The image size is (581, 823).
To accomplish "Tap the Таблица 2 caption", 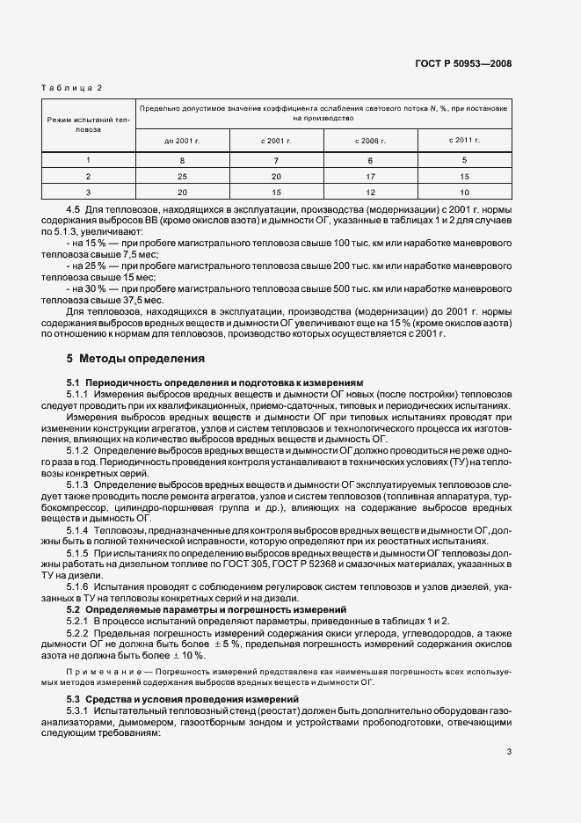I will click(x=72, y=88).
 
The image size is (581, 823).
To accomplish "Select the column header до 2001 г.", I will click(x=182, y=140).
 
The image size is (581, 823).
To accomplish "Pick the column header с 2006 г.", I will click(x=372, y=140).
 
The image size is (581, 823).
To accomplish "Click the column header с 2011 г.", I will click(x=464, y=140).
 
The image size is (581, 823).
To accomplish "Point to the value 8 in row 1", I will click(x=182, y=161).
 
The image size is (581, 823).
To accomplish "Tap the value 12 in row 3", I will click(x=372, y=192).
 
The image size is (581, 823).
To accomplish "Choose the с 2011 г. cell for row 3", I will click(x=464, y=192).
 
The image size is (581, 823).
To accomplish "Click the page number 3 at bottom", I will click(x=508, y=751).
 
